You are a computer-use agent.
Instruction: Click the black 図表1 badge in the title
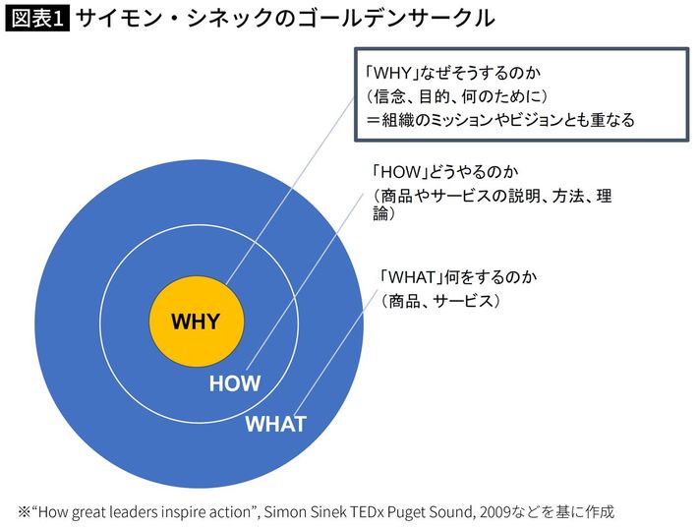tap(37, 19)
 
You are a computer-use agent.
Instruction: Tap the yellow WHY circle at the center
tap(197, 322)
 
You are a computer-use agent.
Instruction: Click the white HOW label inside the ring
tap(235, 383)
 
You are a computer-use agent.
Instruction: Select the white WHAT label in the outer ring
tap(275, 424)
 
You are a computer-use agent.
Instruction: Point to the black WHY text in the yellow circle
tap(196, 322)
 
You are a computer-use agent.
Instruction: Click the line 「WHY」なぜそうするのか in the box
tap(453, 73)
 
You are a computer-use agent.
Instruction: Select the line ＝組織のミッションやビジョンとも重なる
tap(500, 120)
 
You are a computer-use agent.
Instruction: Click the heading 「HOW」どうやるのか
tap(445, 172)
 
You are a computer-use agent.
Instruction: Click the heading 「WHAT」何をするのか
tap(458, 277)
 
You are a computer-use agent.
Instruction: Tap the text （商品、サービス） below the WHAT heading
tap(439, 301)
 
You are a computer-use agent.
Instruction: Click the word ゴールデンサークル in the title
tap(395, 19)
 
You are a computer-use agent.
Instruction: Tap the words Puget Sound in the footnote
tap(430, 512)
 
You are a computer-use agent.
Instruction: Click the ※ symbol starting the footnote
tap(24, 512)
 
